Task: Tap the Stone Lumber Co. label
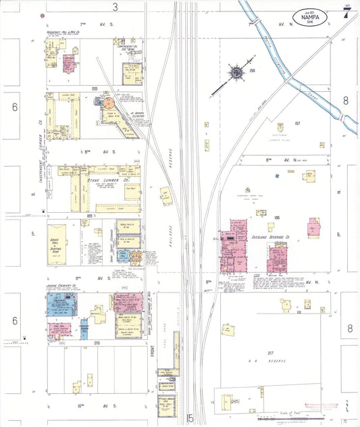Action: pos(102,180)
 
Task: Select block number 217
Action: pos(270,353)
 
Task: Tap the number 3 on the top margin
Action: pos(115,7)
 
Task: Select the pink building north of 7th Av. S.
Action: pos(68,64)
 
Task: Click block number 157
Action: pos(297,124)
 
